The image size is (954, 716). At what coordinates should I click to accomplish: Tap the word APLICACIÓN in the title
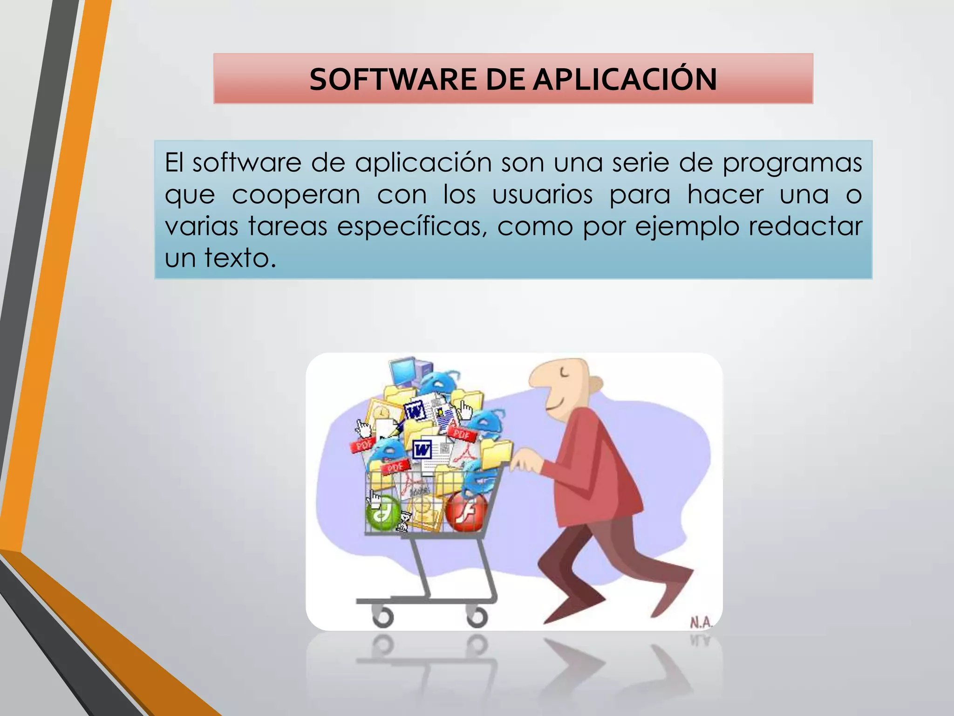[x=625, y=79]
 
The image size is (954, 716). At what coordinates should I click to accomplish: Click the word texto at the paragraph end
[x=240, y=258]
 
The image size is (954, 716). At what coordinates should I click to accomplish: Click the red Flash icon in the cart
[x=466, y=511]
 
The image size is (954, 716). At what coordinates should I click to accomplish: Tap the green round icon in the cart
[x=383, y=514]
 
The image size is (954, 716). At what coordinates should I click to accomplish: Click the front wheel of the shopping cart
[x=383, y=618]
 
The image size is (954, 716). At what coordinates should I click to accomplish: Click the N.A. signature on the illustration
[x=701, y=622]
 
